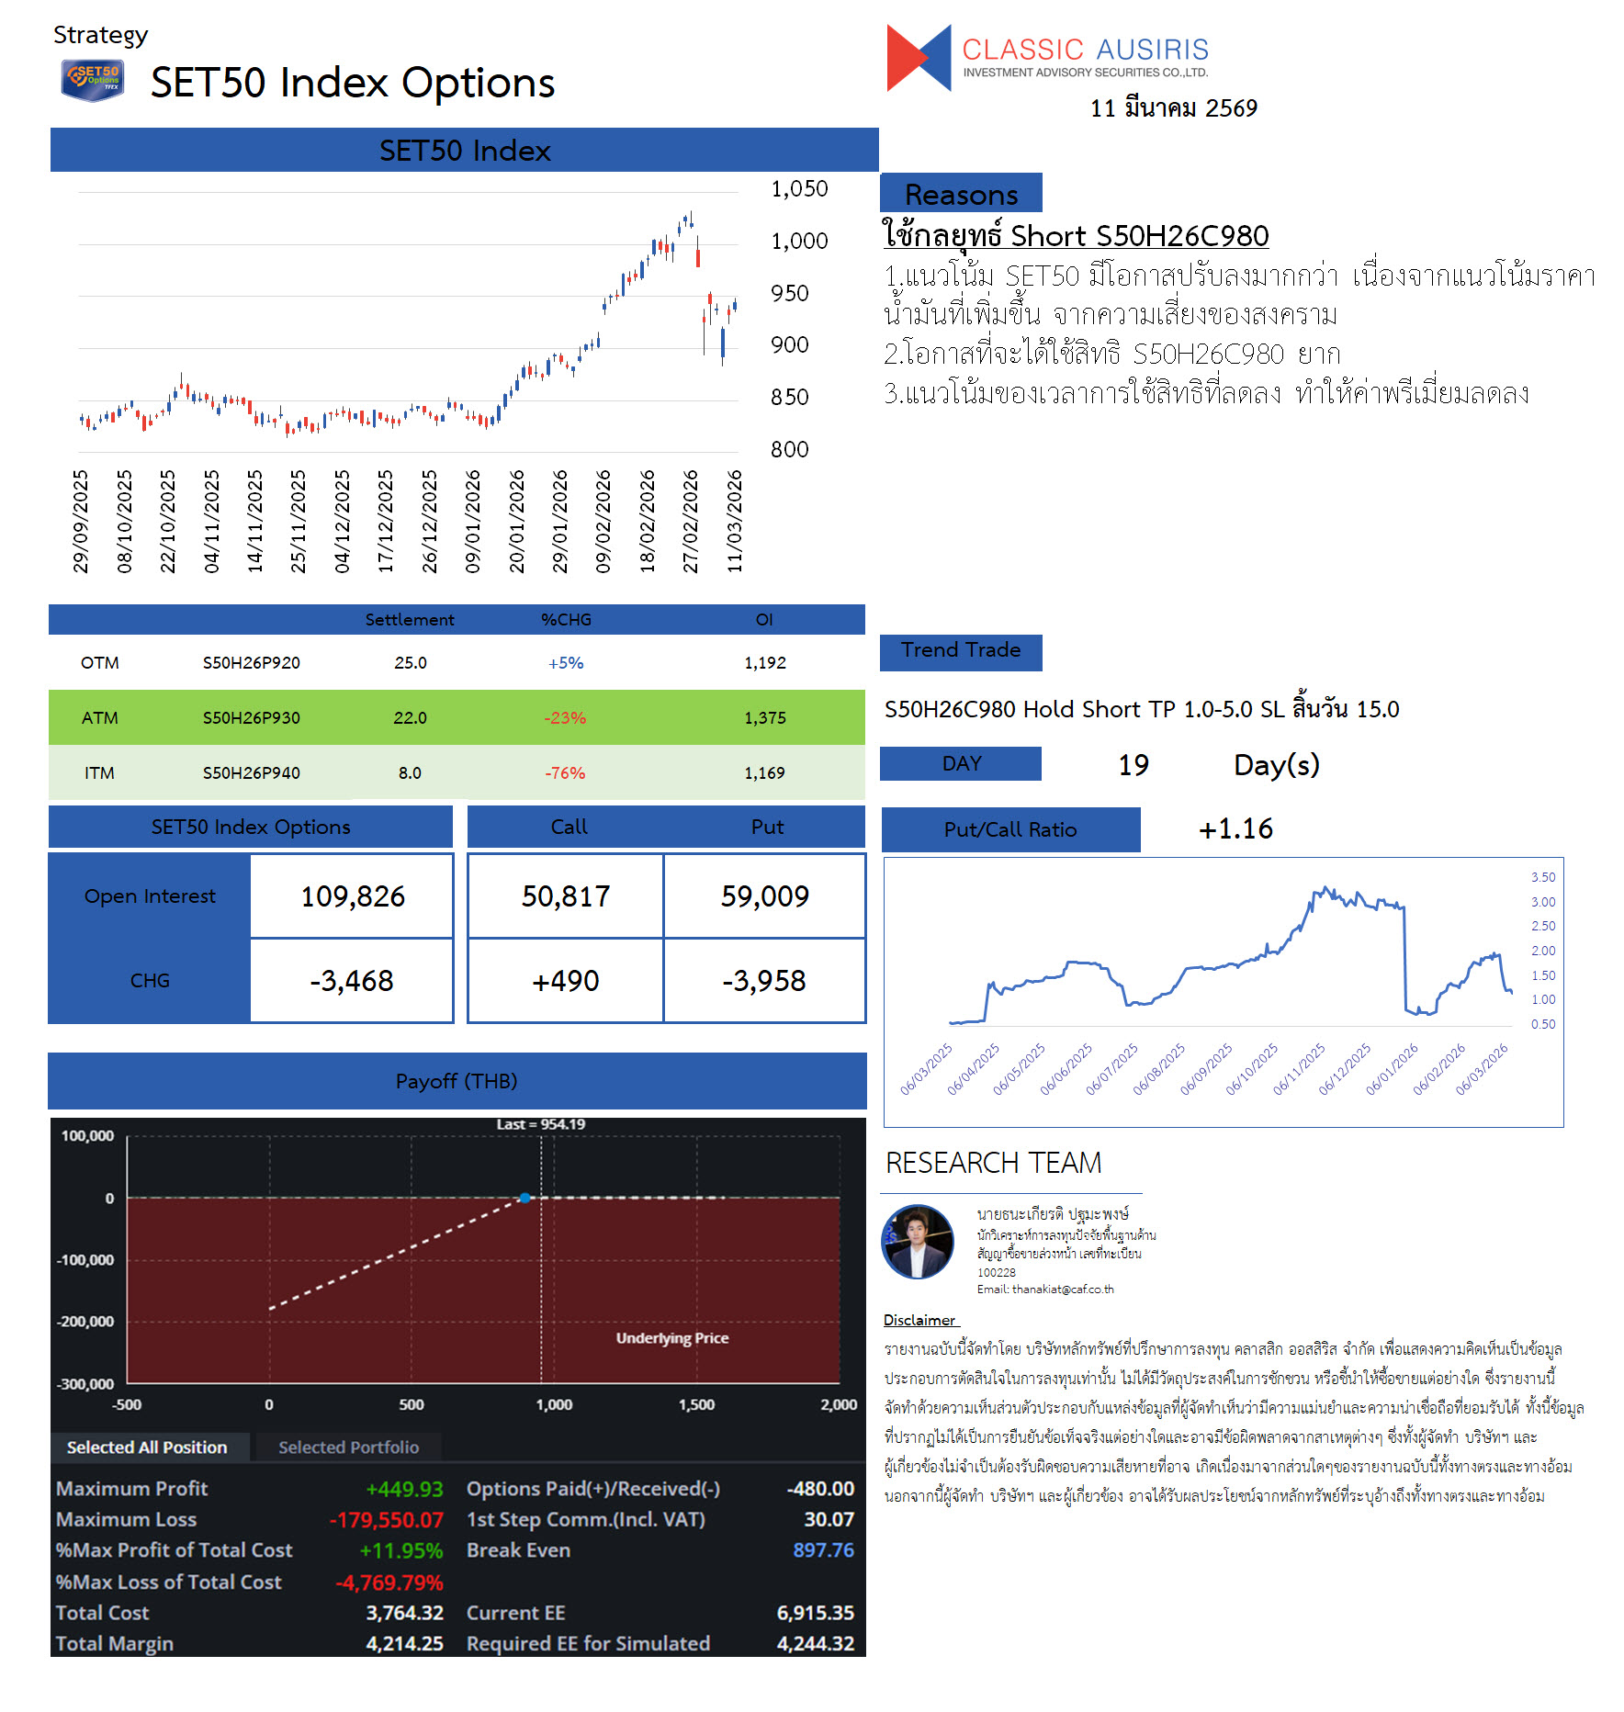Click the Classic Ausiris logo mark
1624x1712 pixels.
coord(918,58)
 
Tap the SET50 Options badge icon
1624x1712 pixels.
coord(92,80)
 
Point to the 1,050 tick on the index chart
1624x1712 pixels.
coord(798,189)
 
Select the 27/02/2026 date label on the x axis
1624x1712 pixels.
coord(690,521)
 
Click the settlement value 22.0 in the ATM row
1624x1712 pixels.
coord(410,718)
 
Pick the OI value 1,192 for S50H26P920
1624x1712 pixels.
coord(764,663)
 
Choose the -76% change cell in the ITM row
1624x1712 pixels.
coord(565,773)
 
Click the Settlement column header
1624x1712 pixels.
coord(410,620)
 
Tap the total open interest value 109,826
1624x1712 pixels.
coord(353,896)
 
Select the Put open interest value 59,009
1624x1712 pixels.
coord(764,896)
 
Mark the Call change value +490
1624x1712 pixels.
coord(565,981)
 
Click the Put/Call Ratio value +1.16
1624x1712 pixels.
coord(1235,829)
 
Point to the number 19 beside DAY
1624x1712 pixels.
coord(1133,765)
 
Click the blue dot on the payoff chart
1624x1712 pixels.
coord(524,1198)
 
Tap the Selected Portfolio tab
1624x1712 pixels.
coord(348,1447)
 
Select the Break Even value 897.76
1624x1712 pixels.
coord(823,1550)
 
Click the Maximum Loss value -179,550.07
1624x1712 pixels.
coord(386,1520)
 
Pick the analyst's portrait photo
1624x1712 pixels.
coord(918,1242)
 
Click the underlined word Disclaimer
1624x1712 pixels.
coord(919,1320)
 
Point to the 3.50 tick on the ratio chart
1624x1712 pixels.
coord(1542,877)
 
